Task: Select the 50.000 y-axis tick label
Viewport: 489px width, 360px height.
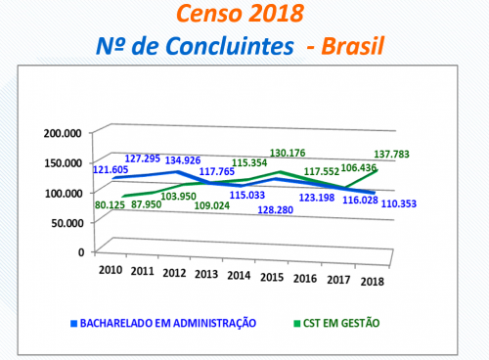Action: tap(66, 222)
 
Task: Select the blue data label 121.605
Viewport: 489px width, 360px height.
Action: tap(114, 169)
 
